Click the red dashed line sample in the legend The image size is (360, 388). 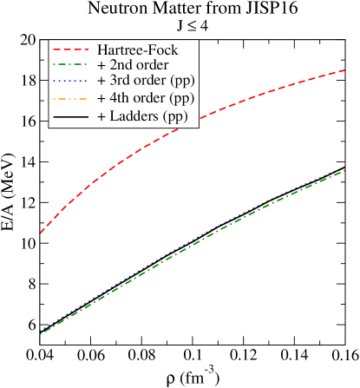click(x=71, y=49)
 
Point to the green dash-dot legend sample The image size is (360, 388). click(x=71, y=65)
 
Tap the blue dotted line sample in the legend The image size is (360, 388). click(x=71, y=82)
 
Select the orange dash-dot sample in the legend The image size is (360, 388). click(x=71, y=98)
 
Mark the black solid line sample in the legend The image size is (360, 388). click(x=71, y=115)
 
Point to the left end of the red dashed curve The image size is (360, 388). click(x=41, y=233)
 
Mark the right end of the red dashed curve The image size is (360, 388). click(x=345, y=70)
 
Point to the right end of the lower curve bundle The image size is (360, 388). click(x=345, y=169)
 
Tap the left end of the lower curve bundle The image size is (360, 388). click(x=41, y=332)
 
